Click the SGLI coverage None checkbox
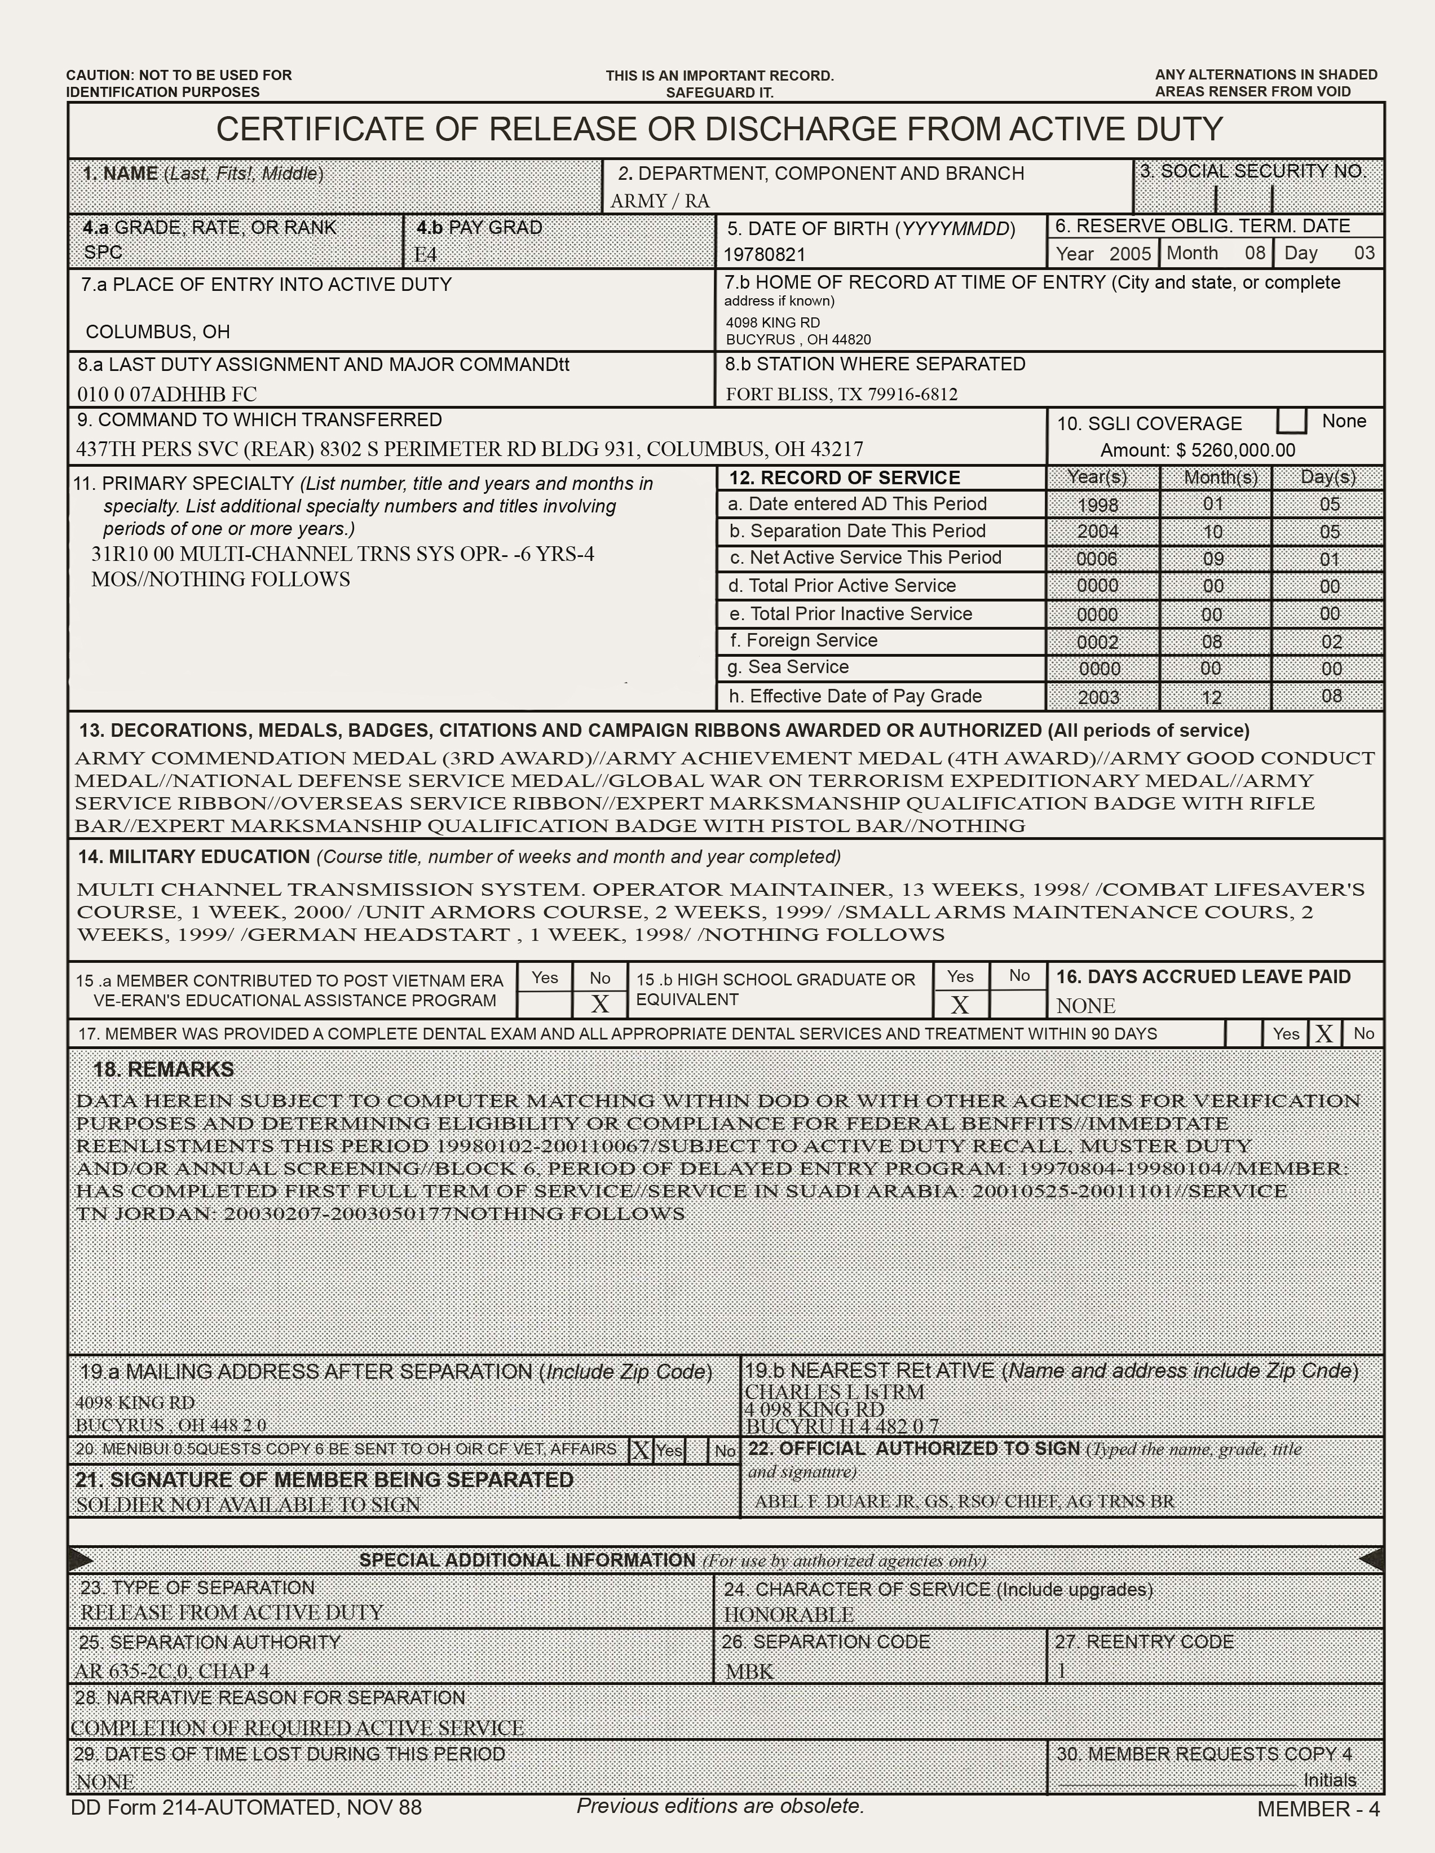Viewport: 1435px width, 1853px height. (x=1292, y=421)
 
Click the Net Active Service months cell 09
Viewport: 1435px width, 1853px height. (x=1213, y=560)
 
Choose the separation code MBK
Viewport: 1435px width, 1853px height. (x=749, y=1671)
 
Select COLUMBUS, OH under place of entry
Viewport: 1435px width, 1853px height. (x=158, y=331)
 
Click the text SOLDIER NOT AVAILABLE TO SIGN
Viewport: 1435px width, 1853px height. (x=248, y=1505)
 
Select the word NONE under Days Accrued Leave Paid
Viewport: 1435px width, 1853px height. (x=1085, y=1006)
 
